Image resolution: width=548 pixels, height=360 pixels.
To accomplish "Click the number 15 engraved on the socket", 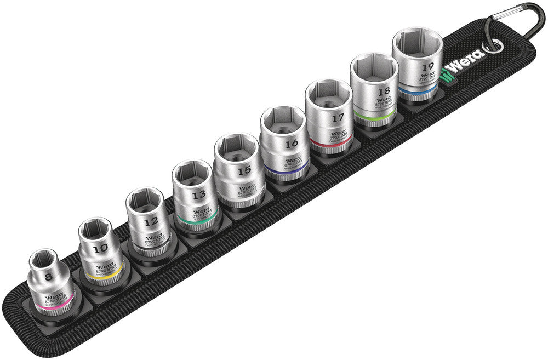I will [x=245, y=170].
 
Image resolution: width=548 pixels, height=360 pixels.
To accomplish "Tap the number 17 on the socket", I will [x=339, y=117].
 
